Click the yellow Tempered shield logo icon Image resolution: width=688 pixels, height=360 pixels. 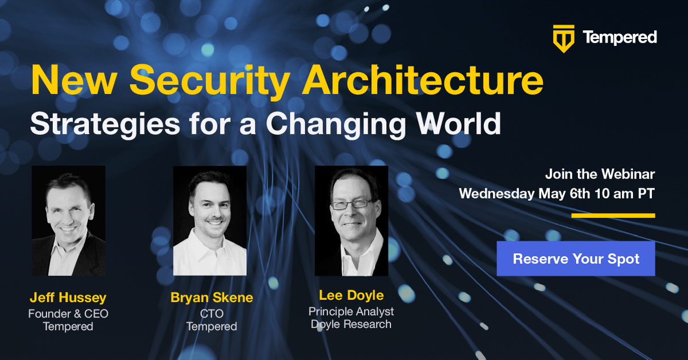click(564, 38)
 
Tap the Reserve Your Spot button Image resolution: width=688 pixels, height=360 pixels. click(576, 258)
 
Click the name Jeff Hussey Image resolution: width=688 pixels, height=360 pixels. click(68, 297)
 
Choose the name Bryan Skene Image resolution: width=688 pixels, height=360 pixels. click(212, 297)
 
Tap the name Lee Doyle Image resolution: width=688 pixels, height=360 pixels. click(351, 296)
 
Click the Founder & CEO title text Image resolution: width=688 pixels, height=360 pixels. click(68, 313)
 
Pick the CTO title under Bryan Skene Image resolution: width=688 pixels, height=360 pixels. click(212, 313)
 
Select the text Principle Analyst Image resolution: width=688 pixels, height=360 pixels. click(351, 311)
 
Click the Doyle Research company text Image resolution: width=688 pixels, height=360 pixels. click(351, 324)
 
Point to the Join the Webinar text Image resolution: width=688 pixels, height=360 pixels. click(600, 175)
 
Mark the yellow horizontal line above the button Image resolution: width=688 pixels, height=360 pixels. click(613, 215)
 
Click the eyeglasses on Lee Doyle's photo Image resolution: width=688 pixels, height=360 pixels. click(351, 204)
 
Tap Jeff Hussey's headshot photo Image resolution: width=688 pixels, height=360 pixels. click(68, 220)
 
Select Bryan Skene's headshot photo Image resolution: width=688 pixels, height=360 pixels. click(210, 220)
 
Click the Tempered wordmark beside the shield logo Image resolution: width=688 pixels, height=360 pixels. click(620, 38)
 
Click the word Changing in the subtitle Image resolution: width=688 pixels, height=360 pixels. click(336, 125)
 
